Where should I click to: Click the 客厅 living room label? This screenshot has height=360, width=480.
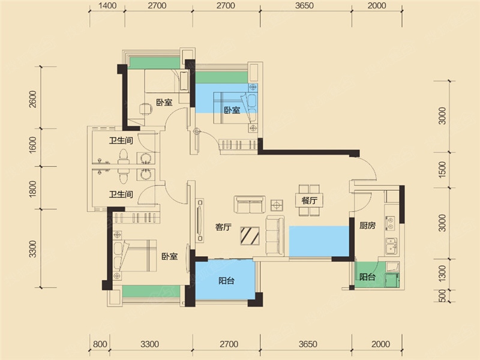click(x=223, y=227)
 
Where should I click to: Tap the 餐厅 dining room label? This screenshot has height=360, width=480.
click(x=309, y=200)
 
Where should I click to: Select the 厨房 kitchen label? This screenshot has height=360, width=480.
click(x=367, y=226)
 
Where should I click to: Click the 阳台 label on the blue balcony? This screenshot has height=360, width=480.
click(x=227, y=280)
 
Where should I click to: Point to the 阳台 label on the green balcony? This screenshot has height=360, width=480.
click(x=367, y=277)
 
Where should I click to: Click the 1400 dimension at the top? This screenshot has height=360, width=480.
click(x=107, y=5)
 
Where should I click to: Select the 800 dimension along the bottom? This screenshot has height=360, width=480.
click(x=100, y=344)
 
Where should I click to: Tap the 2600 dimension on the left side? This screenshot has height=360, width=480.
click(x=33, y=99)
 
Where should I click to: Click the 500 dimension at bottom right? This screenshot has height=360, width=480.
click(x=442, y=296)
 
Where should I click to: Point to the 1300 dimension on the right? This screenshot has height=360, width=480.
click(x=442, y=274)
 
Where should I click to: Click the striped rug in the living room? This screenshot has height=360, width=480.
click(x=250, y=236)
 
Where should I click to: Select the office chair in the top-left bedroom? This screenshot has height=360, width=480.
click(x=146, y=109)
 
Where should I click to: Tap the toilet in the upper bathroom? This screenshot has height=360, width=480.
click(x=124, y=156)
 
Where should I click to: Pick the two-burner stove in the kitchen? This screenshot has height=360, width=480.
click(x=391, y=223)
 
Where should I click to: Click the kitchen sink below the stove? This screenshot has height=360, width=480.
click(x=391, y=246)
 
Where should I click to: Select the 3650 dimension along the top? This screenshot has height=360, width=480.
click(x=305, y=5)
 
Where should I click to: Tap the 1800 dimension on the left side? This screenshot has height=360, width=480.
click(x=33, y=188)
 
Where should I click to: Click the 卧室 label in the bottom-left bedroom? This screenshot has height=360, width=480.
click(x=170, y=256)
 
